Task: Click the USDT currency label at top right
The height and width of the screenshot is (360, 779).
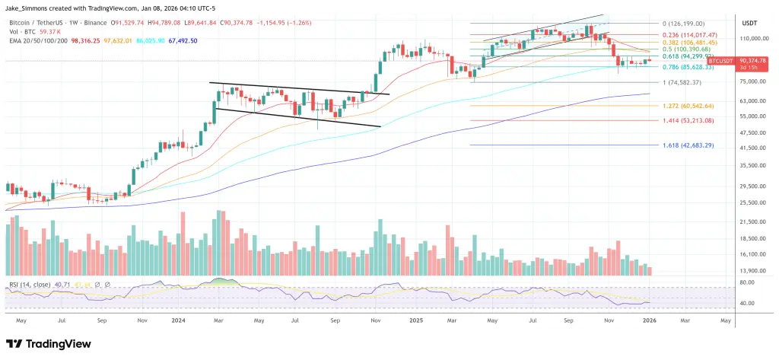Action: tap(750, 24)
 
